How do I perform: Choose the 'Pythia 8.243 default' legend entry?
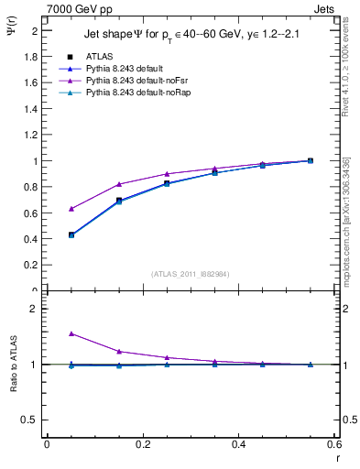pyautogui.click(x=126, y=69)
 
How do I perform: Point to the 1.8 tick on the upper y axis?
pyautogui.click(x=33, y=57)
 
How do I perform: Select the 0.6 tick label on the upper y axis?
pyautogui.click(x=33, y=213)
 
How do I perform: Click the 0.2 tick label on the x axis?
pyautogui.click(x=142, y=444)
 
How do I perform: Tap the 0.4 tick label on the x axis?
pyautogui.click(x=238, y=444)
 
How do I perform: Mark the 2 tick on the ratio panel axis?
pyautogui.click(x=36, y=309)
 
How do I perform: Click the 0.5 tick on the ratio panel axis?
pyautogui.click(x=33, y=420)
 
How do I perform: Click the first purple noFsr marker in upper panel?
pyautogui.click(x=71, y=209)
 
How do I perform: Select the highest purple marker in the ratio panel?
pyautogui.click(x=71, y=333)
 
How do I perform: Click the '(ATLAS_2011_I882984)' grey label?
pyautogui.click(x=189, y=274)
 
